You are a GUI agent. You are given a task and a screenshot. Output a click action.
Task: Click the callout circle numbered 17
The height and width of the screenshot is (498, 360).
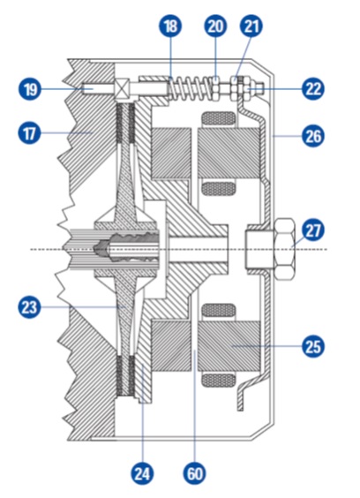(x=29, y=133)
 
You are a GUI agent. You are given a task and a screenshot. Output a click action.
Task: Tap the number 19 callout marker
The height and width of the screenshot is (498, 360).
(x=30, y=88)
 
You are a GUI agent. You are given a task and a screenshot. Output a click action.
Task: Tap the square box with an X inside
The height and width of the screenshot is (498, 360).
(x=122, y=89)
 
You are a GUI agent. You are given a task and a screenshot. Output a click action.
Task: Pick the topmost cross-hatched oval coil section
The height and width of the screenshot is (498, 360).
(x=219, y=119)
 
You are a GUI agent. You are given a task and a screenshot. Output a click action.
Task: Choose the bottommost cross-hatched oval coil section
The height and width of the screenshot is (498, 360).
(x=219, y=380)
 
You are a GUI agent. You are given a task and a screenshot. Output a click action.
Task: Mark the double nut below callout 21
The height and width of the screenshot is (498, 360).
(x=240, y=88)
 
